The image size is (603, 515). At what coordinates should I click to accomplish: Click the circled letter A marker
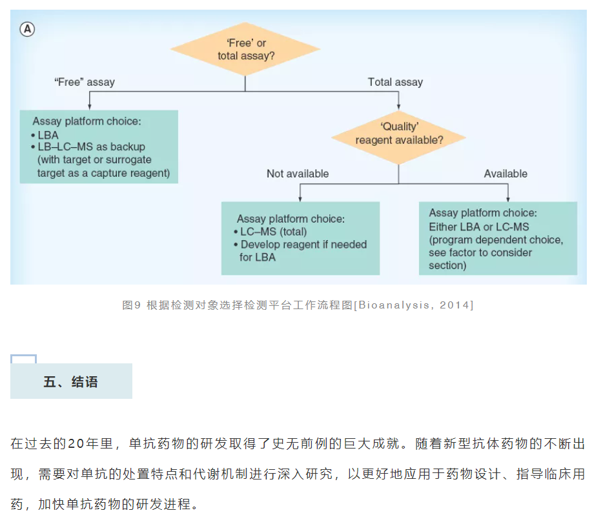[27, 29]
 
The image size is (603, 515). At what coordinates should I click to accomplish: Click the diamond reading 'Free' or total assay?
[245, 49]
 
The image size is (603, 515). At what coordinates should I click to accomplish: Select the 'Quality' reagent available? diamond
[399, 137]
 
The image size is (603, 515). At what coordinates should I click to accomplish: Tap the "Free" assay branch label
[85, 82]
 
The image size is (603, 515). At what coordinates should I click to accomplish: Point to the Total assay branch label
[395, 82]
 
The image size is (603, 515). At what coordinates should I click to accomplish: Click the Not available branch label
[298, 174]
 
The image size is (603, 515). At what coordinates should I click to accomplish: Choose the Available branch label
[506, 174]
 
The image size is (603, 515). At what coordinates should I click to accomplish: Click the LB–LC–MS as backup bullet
[88, 146]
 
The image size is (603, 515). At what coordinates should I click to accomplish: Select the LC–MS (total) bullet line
[271, 232]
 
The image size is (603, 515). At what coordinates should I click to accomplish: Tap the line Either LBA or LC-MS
[479, 227]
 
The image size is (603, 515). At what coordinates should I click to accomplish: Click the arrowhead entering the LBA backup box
[90, 107]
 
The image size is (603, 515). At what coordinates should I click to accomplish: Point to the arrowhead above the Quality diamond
[399, 107]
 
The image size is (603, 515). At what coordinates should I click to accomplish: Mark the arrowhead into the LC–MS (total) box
[300, 198]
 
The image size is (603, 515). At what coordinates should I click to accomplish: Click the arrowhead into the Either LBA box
[508, 198]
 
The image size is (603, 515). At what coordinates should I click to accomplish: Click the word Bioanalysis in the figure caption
[394, 305]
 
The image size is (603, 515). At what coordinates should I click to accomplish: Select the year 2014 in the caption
[454, 305]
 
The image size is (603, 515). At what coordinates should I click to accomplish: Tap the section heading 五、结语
[71, 382]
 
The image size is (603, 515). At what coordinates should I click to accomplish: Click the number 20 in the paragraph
[76, 443]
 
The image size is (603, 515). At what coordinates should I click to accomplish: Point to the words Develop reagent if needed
[304, 245]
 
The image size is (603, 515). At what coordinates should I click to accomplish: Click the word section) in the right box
[447, 266]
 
